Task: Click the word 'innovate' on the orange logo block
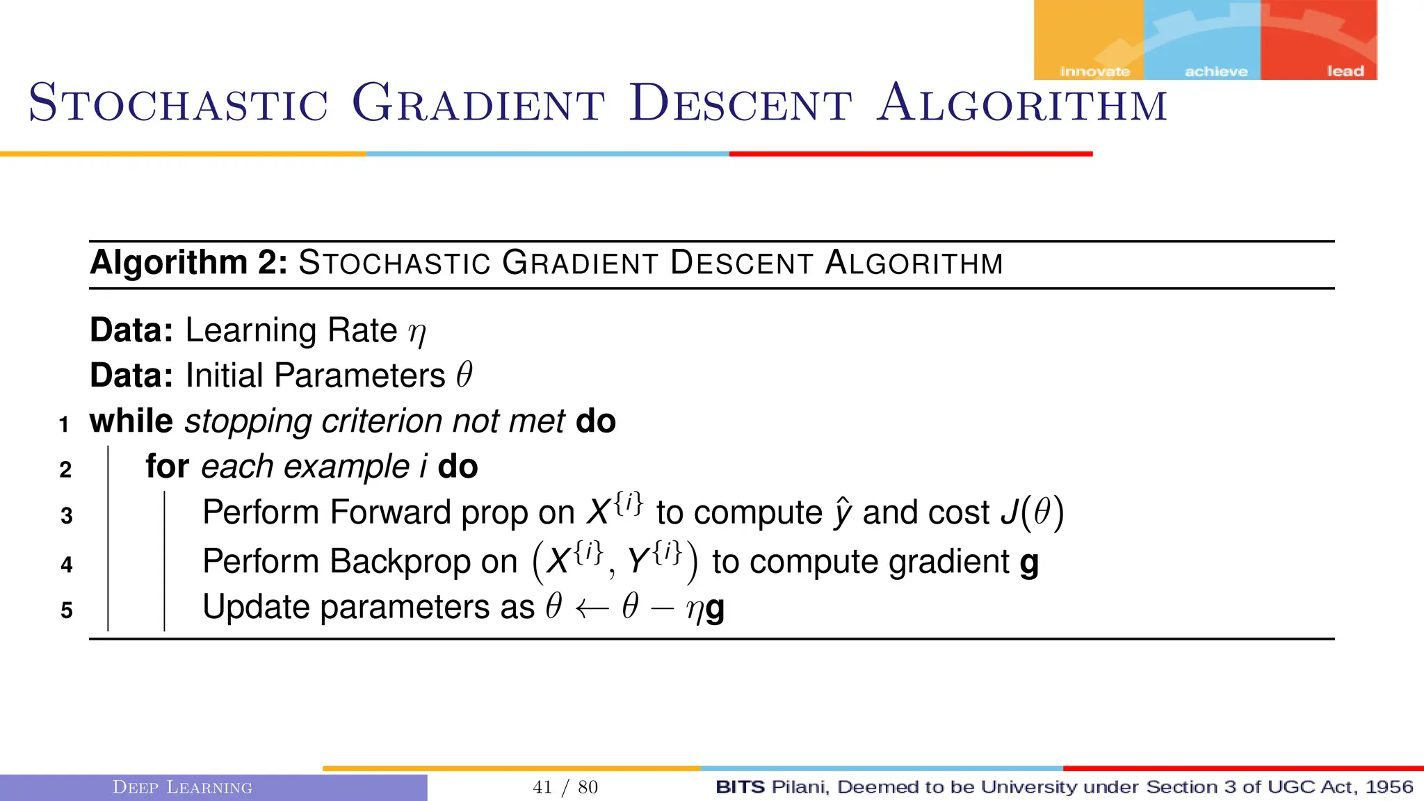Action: pos(1094,72)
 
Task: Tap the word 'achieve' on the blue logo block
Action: pos(1215,72)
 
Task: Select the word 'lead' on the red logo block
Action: pos(1345,71)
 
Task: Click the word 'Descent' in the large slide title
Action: pos(740,104)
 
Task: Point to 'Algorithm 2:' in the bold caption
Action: pos(188,263)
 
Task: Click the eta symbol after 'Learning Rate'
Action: pos(417,332)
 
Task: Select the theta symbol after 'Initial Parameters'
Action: pos(464,375)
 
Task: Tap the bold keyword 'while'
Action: pos(131,421)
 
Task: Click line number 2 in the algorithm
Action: pos(65,469)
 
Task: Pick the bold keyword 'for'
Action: pos(167,466)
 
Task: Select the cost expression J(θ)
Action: pos(1032,512)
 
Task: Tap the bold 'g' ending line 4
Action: pos(1029,563)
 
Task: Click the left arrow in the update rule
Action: pos(592,608)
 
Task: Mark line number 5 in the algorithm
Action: pos(66,610)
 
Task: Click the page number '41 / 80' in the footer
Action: pos(565,787)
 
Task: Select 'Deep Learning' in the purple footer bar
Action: pos(182,787)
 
